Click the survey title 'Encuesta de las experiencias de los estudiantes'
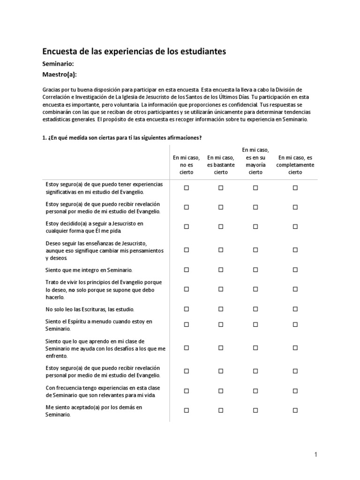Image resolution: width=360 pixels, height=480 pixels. tap(134, 51)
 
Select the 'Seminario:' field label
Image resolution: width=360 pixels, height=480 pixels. tap(58, 64)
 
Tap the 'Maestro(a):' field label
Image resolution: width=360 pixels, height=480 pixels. tap(60, 75)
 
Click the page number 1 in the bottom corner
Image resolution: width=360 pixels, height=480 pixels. tap(316, 454)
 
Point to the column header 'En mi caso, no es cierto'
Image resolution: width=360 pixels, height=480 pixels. tap(186, 165)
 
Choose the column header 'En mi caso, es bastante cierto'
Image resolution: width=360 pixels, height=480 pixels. tap(221, 165)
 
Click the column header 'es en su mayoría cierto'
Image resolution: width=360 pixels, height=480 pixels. tap(255, 161)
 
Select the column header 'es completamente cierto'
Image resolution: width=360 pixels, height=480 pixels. tap(295, 165)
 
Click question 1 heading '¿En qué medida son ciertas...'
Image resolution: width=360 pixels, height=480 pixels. tap(122, 137)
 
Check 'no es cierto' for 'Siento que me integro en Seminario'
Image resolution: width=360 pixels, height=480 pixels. tap(186, 270)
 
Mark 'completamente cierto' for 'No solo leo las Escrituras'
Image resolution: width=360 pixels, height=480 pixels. tap(295, 309)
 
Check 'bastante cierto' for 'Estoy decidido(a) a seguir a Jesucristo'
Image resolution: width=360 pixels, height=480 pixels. tap(221, 226)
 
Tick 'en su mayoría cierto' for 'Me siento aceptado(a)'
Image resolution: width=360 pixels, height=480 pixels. tap(255, 410)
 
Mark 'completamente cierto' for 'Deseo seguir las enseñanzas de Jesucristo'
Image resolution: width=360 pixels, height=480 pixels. tap(295, 250)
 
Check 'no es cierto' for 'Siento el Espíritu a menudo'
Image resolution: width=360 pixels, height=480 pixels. tap(186, 324)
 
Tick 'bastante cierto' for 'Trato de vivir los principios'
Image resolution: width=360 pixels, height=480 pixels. tap(221, 289)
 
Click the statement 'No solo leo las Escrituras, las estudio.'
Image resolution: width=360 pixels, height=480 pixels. tap(90, 309)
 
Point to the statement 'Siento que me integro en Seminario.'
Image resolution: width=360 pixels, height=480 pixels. tap(89, 270)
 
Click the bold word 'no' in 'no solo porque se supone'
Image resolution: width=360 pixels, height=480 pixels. tap(72, 290)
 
